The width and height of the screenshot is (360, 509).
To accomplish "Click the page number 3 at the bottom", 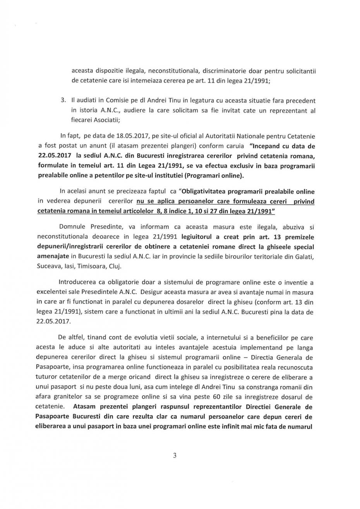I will click(175, 456).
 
